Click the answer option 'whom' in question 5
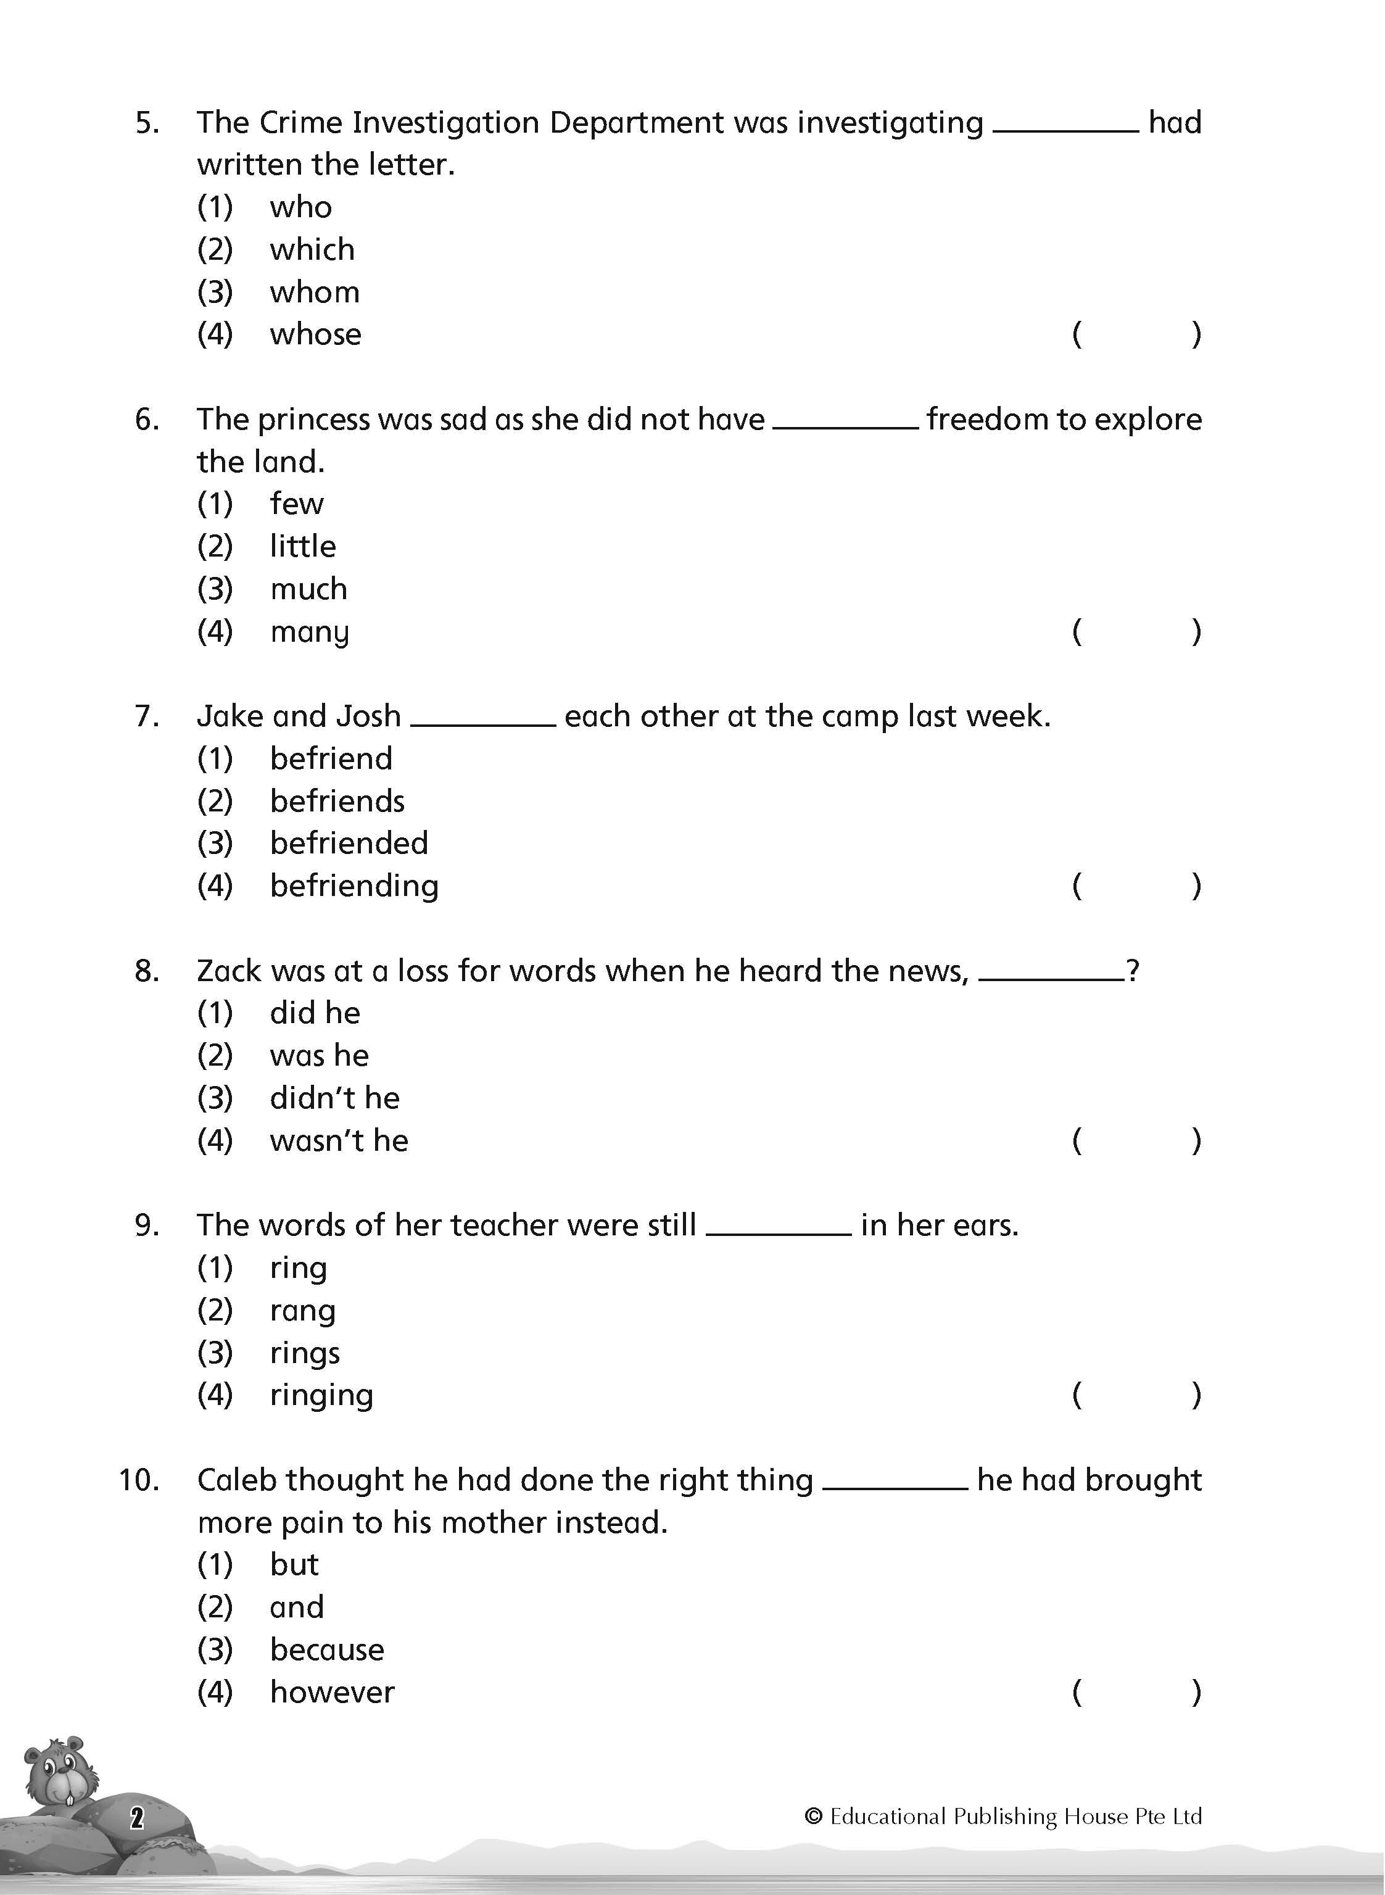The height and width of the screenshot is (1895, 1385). (315, 292)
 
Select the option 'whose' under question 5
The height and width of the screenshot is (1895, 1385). (315, 334)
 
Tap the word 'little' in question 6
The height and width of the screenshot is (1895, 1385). (303, 547)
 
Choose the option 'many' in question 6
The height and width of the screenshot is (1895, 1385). (309, 632)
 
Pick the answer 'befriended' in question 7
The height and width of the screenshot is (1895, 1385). (349, 844)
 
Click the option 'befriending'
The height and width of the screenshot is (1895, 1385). (353, 886)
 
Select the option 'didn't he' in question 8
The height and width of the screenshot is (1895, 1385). (334, 1098)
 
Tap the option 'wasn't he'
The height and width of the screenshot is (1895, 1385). (339, 1141)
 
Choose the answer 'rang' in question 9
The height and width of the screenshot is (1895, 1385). (303, 1311)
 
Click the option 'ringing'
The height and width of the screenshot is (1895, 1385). (321, 1396)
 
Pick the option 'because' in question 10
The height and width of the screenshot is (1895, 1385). (327, 1650)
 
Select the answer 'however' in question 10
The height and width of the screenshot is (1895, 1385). (332, 1693)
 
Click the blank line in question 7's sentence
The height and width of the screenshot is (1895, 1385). (483, 724)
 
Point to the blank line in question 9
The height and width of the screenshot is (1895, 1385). (779, 1234)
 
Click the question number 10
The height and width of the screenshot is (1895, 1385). (138, 1480)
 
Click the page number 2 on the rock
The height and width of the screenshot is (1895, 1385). (137, 1818)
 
